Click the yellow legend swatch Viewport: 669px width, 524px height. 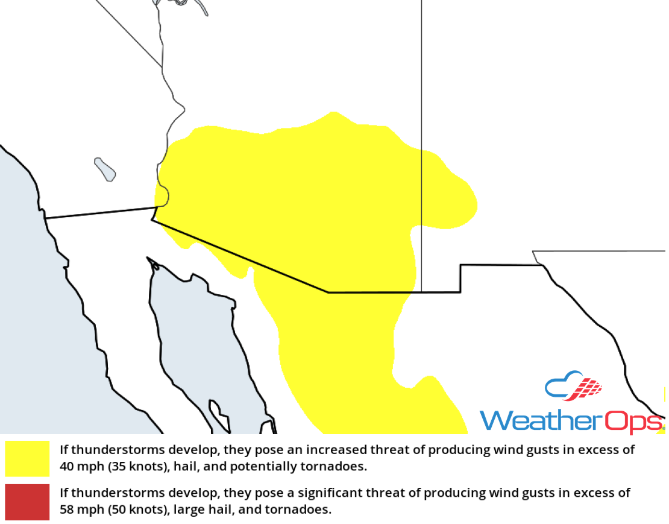click(27, 458)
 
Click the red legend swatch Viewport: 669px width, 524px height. click(27, 502)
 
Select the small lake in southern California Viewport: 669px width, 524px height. click(105, 169)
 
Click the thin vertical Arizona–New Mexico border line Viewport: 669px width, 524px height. click(421, 90)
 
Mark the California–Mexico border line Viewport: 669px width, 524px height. click(99, 213)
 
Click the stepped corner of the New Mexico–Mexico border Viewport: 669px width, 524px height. click(460, 265)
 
